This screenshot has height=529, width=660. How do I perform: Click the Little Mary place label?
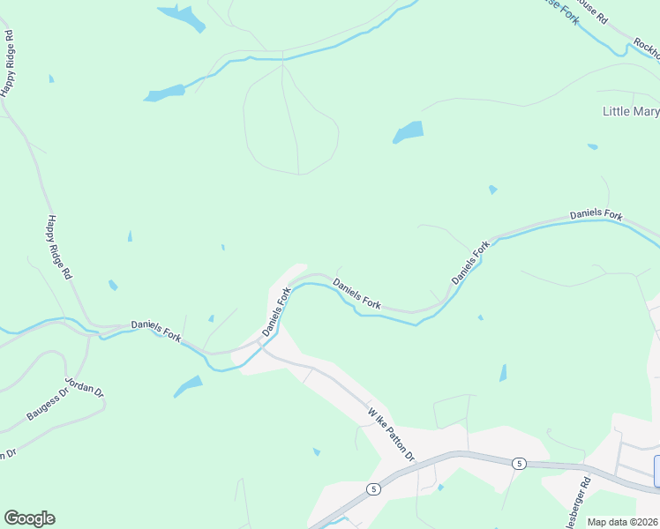[630, 112]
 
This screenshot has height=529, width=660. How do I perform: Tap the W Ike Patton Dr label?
[391, 433]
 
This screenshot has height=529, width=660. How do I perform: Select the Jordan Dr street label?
[85, 389]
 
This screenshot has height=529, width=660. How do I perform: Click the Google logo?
[29, 518]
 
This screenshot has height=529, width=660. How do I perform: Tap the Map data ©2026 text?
[622, 522]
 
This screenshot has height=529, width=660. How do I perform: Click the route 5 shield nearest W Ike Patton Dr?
[374, 488]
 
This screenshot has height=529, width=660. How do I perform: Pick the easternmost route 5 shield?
[519, 463]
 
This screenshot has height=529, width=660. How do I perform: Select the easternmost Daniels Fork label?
[596, 214]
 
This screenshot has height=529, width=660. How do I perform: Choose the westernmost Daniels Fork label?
[156, 331]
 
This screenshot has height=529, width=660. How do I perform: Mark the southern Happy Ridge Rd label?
[59, 248]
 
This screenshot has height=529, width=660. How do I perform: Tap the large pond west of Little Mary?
[409, 132]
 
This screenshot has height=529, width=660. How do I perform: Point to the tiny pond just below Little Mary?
[592, 146]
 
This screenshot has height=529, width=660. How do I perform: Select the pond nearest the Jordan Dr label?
[188, 386]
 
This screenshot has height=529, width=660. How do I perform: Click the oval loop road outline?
[291, 123]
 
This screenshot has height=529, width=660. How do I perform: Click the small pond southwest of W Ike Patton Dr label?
[316, 452]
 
